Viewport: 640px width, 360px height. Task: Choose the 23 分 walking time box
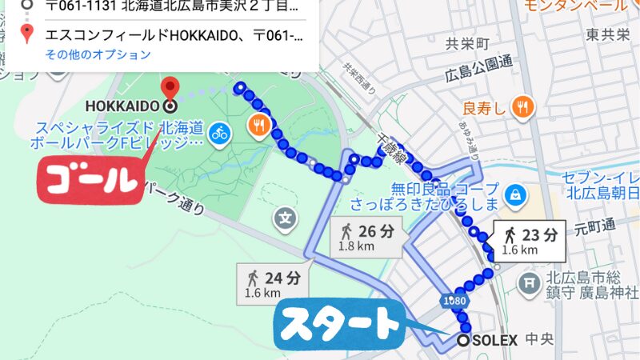(530, 240)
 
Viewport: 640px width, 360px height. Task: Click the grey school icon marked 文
(285, 216)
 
